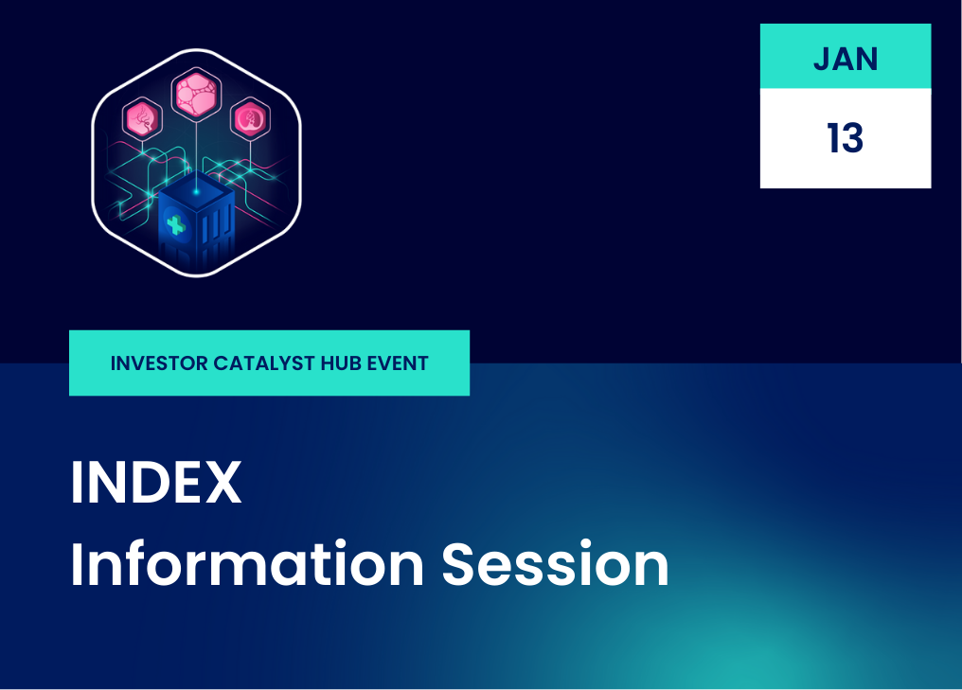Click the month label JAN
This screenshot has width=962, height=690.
(846, 59)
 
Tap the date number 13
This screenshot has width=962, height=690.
(846, 138)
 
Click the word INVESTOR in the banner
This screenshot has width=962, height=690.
(159, 363)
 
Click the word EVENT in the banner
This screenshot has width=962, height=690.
(398, 363)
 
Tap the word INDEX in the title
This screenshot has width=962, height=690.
(156, 482)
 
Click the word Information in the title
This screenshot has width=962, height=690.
(247, 563)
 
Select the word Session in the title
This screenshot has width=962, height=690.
(555, 564)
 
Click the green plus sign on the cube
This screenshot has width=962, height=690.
(176, 225)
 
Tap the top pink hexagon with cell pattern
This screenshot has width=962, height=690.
(196, 95)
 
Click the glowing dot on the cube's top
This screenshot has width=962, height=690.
(196, 192)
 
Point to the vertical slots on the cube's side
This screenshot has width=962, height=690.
(217, 228)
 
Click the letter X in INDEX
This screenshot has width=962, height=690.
(223, 482)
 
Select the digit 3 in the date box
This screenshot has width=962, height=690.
(853, 138)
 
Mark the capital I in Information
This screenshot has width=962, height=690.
(76, 564)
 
